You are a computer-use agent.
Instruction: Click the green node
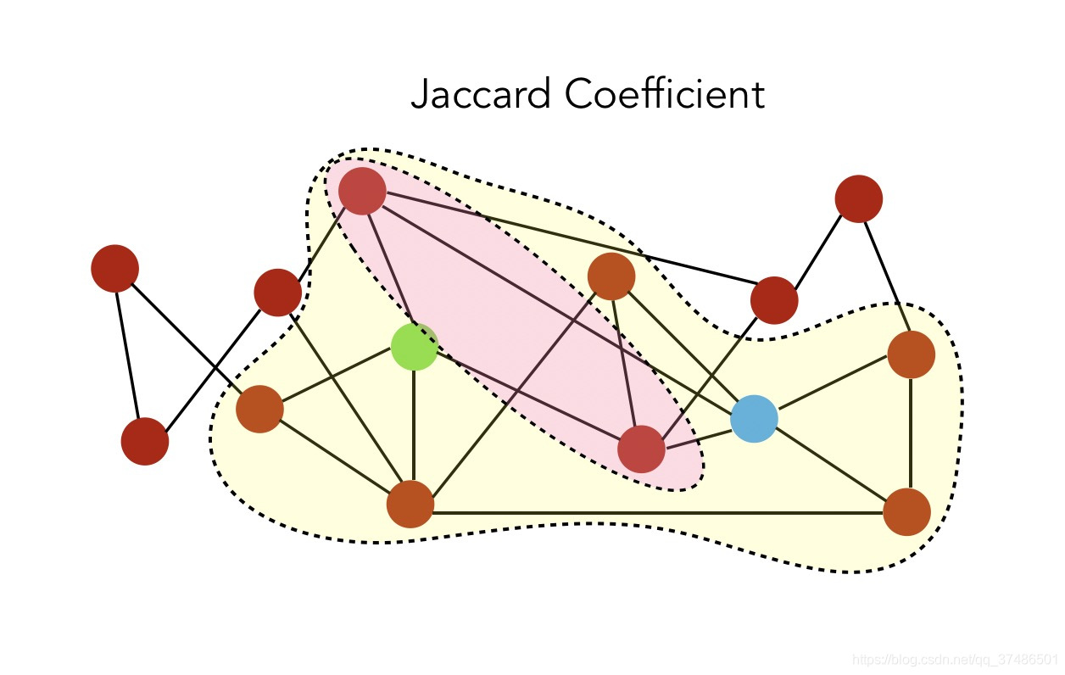(x=414, y=346)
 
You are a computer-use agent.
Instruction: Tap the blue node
(x=754, y=418)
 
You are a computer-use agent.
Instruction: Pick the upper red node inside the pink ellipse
(x=362, y=191)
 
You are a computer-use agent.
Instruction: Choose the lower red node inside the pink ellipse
(x=641, y=449)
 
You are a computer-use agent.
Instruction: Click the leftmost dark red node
(x=114, y=268)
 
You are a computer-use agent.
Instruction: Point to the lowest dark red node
(x=145, y=441)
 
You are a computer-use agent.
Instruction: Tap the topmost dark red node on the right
(x=858, y=198)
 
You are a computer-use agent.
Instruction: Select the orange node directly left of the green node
(x=259, y=409)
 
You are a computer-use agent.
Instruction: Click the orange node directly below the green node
(x=410, y=504)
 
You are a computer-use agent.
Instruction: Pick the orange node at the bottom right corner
(x=906, y=511)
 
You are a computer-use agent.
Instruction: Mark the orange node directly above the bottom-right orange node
(x=911, y=354)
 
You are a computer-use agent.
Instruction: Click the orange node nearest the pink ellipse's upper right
(x=611, y=276)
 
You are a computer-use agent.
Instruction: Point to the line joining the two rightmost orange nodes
(x=910, y=432)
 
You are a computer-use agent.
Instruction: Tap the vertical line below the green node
(x=413, y=424)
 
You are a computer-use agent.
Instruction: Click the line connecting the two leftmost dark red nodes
(x=129, y=354)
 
